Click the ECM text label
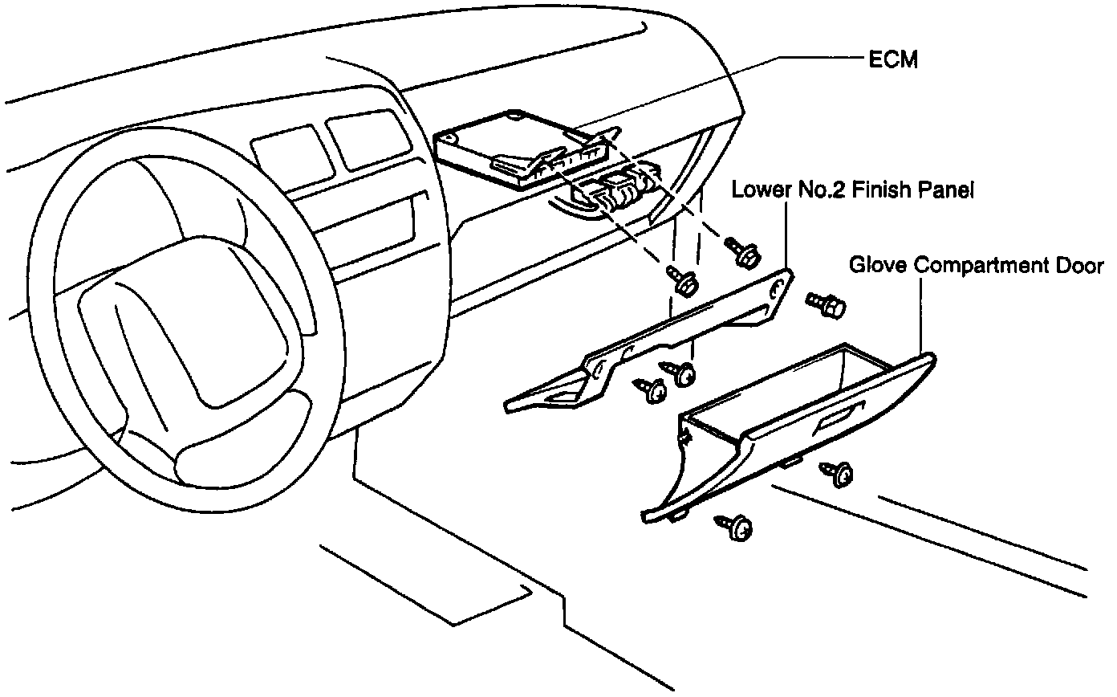(892, 59)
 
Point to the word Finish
(875, 191)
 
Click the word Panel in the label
(944, 191)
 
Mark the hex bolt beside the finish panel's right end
(824, 304)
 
